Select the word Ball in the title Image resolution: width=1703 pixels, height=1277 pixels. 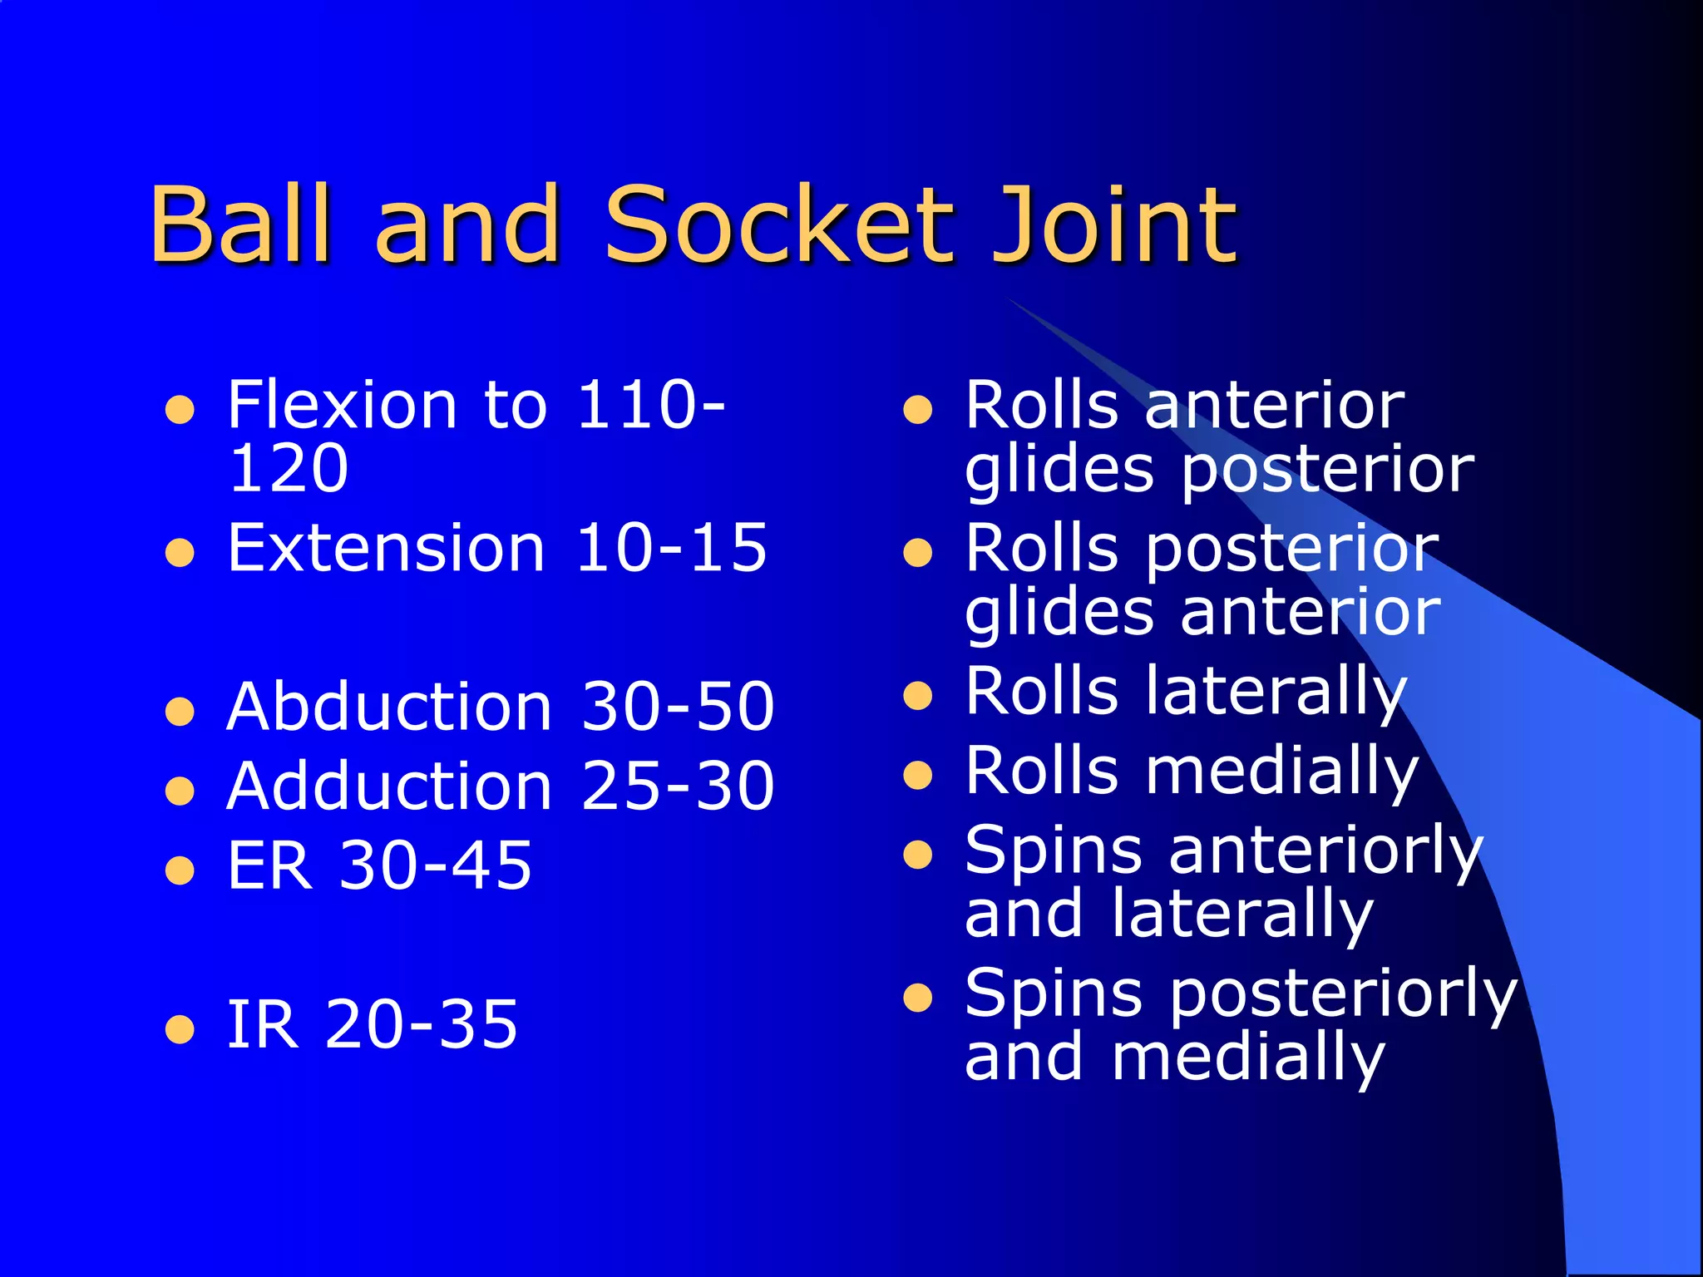click(x=241, y=224)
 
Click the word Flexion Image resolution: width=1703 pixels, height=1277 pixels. click(x=342, y=405)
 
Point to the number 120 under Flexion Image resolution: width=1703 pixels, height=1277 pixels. click(x=288, y=468)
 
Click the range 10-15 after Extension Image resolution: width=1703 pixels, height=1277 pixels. click(x=671, y=548)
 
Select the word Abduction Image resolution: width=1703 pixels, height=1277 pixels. click(x=389, y=707)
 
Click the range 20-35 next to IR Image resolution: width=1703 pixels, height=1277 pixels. click(x=422, y=1024)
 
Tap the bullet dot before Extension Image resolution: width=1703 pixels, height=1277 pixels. click(x=180, y=552)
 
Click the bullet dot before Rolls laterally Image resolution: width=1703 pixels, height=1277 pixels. click(x=917, y=695)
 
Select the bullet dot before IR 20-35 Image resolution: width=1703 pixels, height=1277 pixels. click(x=180, y=1028)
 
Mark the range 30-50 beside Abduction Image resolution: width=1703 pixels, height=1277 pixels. click(x=678, y=707)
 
